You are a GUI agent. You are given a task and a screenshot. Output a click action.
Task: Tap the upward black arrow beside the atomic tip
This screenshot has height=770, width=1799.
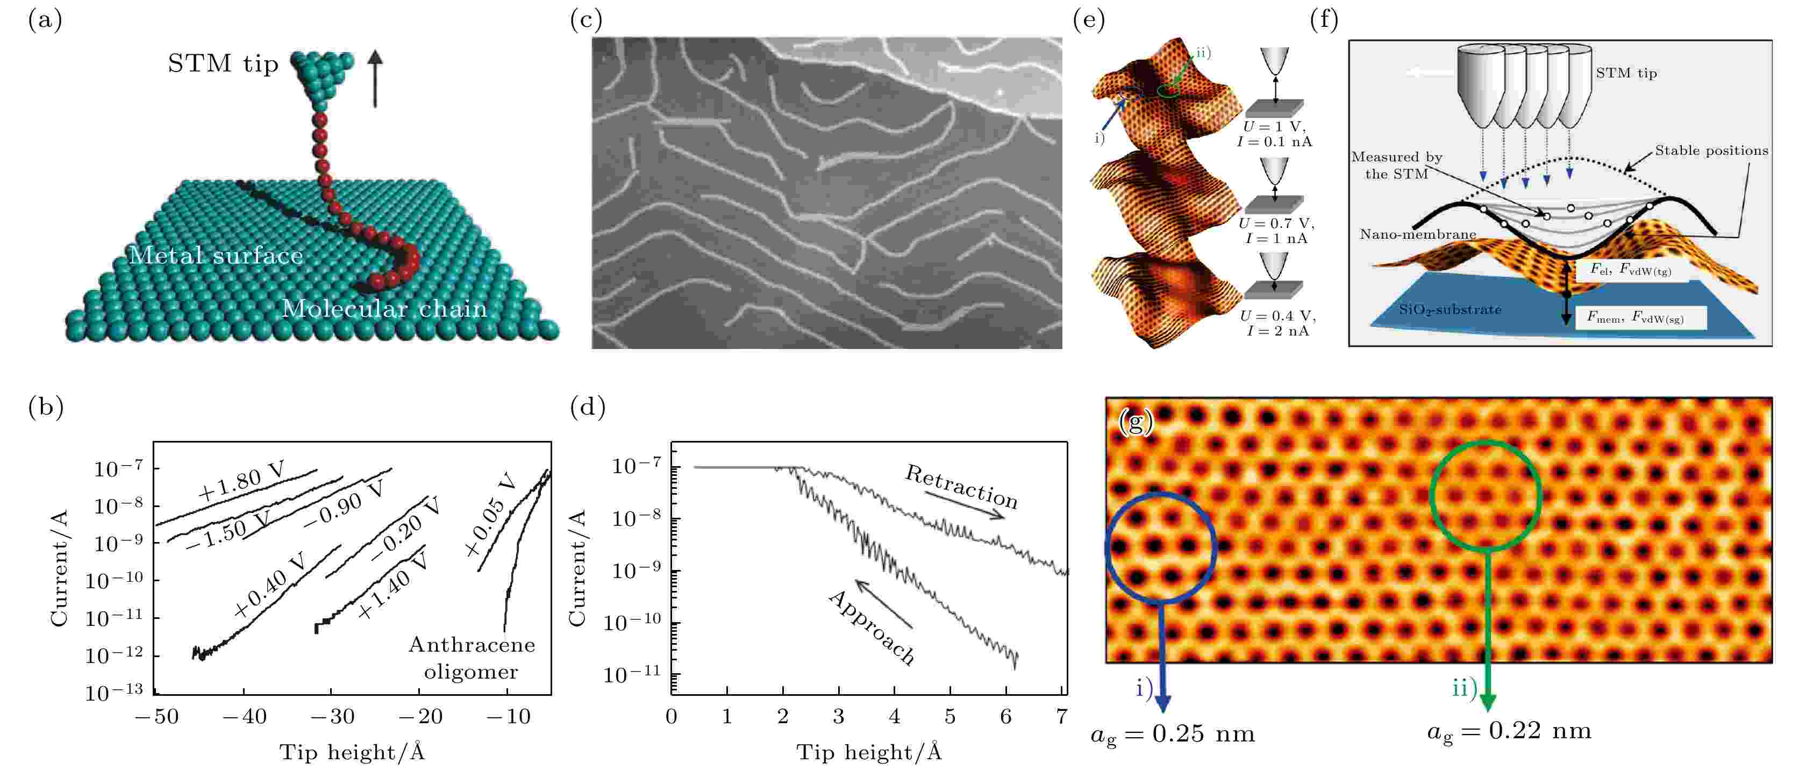(x=375, y=79)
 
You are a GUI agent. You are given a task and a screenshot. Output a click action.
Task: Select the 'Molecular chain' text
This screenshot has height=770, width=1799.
(x=384, y=309)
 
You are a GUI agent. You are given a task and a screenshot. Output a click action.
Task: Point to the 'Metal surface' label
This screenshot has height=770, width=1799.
(x=215, y=256)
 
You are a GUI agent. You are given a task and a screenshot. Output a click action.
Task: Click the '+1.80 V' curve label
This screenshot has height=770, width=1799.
(x=241, y=482)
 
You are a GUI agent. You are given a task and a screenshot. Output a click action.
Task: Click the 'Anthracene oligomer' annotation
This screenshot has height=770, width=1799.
(x=472, y=658)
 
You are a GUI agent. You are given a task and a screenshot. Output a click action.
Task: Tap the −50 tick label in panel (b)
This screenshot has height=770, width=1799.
(x=156, y=717)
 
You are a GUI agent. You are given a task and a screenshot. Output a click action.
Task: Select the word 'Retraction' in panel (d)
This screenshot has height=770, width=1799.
(x=961, y=487)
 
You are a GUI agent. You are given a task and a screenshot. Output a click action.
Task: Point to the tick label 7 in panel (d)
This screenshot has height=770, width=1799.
(x=1061, y=717)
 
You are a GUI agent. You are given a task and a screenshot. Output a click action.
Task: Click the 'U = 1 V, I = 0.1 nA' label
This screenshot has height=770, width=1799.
(x=1275, y=134)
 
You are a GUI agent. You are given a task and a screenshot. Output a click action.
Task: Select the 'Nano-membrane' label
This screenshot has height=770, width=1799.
(x=1418, y=234)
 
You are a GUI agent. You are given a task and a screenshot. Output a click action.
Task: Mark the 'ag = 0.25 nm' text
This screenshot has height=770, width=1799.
(x=1173, y=735)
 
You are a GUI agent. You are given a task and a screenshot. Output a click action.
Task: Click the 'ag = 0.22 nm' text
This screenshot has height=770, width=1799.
(x=1509, y=731)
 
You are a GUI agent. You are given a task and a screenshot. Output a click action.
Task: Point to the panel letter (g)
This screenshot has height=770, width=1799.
(x=1136, y=423)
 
